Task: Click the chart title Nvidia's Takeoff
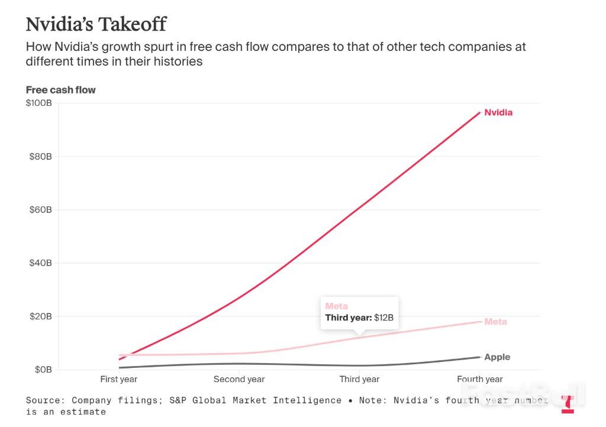pos(96,24)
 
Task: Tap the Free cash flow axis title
pos(60,90)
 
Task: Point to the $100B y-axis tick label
pos(39,103)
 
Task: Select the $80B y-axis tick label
pos(41,157)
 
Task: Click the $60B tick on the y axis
pos(41,210)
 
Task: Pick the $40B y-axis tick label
pos(41,263)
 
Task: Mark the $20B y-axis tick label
pos(41,316)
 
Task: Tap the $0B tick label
pos(43,370)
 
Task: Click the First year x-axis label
pos(119,379)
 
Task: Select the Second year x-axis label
pos(239,379)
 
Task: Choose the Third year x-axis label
pos(359,379)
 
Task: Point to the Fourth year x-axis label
pos(480,379)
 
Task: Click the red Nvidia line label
pos(498,112)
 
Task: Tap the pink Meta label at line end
pos(495,322)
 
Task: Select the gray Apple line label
pos(497,357)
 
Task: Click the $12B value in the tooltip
pos(383,318)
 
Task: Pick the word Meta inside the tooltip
pos(337,306)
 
